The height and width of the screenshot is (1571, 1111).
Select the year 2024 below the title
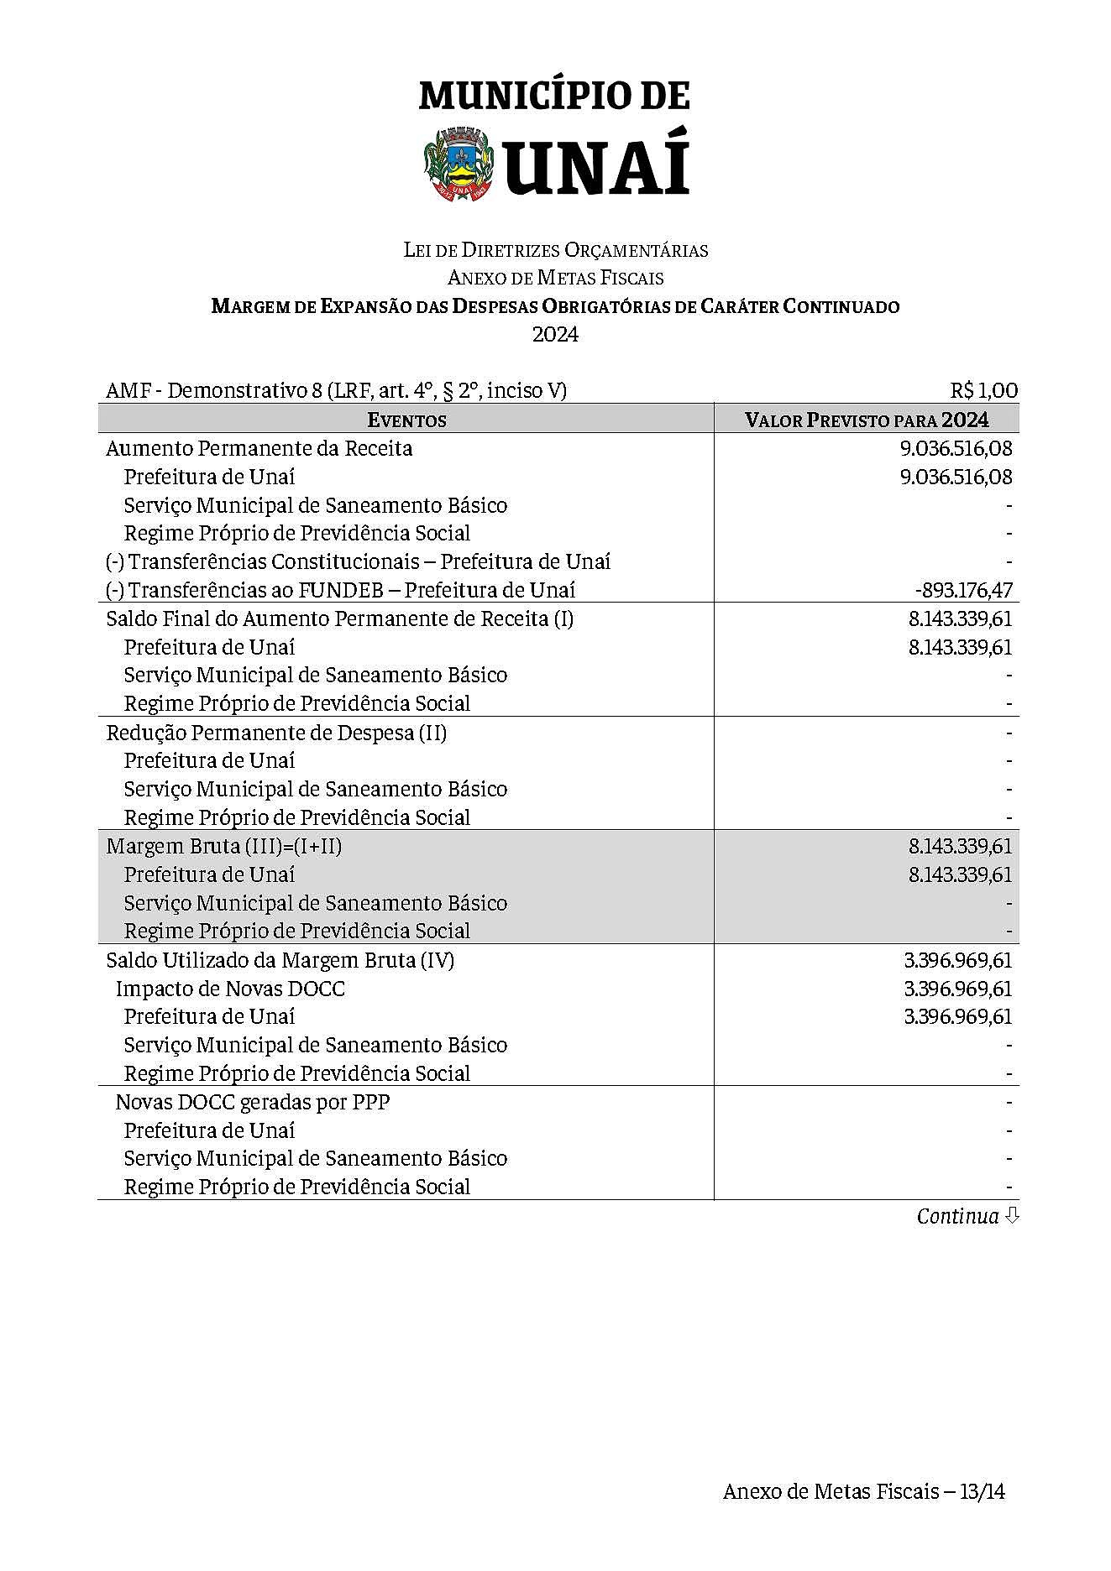pos(555,334)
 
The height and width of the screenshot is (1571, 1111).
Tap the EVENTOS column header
pos(406,420)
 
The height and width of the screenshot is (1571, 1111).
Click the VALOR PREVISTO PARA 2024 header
pos(867,420)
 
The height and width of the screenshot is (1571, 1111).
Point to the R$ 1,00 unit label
pos(983,390)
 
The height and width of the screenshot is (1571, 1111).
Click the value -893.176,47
pos(963,590)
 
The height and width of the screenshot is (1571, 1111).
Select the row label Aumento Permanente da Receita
pos(259,448)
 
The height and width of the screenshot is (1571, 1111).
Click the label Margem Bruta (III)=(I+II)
pos(224,846)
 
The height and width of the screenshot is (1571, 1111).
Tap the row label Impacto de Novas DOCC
pos(230,989)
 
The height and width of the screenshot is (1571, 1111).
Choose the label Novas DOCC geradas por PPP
pos(253,1102)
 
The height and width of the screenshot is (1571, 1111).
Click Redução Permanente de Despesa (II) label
pos(276,733)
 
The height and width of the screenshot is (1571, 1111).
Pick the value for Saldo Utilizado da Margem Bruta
pos(957,960)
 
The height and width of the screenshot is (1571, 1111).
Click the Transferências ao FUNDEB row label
pos(340,590)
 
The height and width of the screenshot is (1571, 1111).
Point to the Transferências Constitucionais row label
pos(358,561)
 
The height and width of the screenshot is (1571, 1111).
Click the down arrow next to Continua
pos(1012,1215)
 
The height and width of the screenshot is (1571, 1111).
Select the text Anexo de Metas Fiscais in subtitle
pos(555,278)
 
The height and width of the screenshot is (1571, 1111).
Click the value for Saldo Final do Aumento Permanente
pos(960,619)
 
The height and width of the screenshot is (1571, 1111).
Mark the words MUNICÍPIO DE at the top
pos(554,96)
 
